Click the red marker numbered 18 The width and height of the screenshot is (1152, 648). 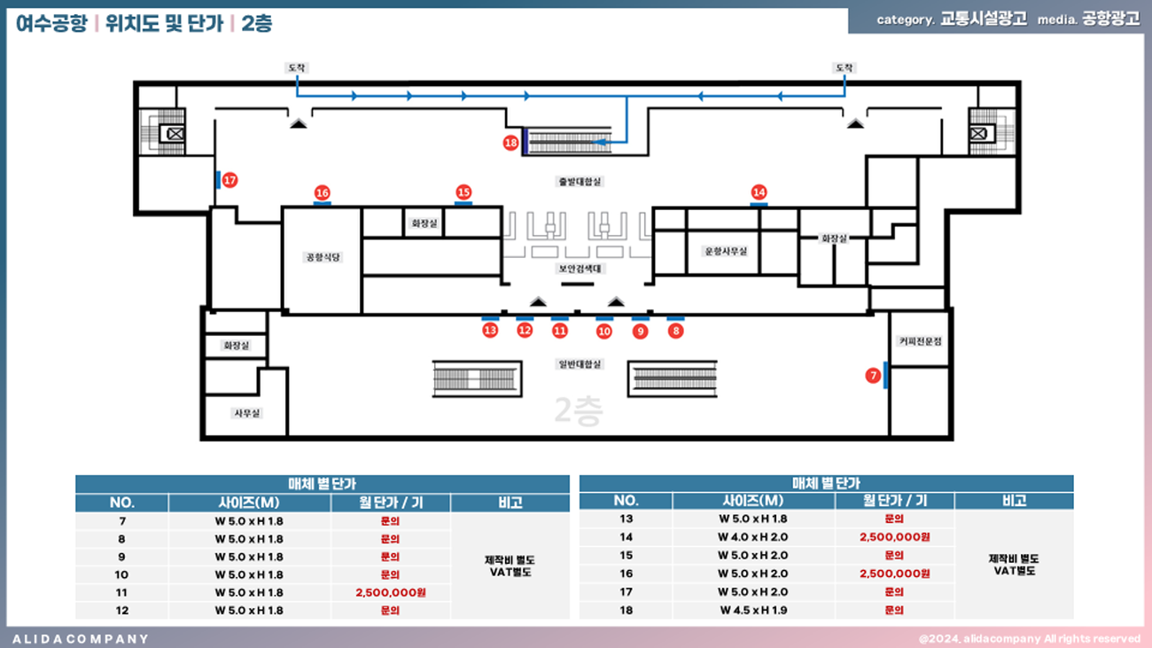coord(510,143)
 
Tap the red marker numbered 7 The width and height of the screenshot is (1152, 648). coord(873,376)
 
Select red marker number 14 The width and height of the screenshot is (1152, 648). coord(759,192)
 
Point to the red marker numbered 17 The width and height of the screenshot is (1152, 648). coord(230,180)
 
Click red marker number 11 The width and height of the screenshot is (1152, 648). coord(559,331)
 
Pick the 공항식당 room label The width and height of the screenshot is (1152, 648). coord(323,257)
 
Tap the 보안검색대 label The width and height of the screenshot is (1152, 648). coord(580,268)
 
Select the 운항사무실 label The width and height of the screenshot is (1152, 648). coord(726,251)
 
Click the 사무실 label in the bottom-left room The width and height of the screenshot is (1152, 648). coord(247,413)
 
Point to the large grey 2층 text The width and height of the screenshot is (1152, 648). coord(578,410)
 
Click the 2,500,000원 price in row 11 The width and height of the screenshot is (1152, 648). coord(391,592)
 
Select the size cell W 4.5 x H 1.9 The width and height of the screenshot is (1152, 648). coord(753,610)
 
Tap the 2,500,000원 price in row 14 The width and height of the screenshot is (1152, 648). coord(894,537)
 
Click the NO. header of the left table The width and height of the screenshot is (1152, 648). coord(122,503)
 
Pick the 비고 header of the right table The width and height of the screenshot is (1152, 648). coord(1014,501)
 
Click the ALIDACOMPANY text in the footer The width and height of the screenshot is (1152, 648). coord(81,638)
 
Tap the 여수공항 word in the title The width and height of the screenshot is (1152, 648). coord(51,24)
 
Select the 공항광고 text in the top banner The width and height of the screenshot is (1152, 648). coord(1111,19)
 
